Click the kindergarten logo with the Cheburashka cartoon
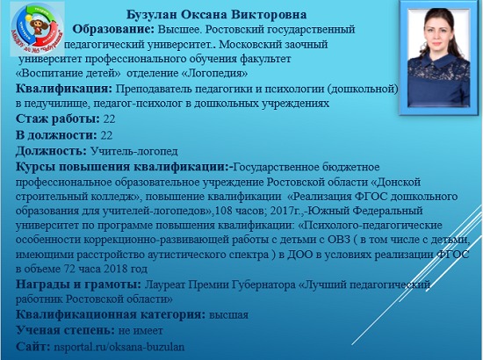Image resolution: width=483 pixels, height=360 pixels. pyautogui.click(x=37, y=28)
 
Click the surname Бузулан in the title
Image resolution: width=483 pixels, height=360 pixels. pyautogui.click(x=151, y=14)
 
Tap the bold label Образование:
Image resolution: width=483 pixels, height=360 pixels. pyautogui.click(x=113, y=29)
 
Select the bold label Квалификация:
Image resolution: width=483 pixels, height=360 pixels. pyautogui.click(x=64, y=89)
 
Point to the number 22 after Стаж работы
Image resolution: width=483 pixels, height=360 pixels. pyautogui.click(x=110, y=119)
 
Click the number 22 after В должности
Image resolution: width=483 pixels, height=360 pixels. pyautogui.click(x=106, y=135)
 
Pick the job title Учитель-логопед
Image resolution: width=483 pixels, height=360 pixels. pyautogui.click(x=134, y=151)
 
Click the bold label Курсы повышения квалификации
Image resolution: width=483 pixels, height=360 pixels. pyautogui.click(x=122, y=167)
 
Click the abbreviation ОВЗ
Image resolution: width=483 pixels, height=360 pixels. pyautogui.click(x=338, y=240)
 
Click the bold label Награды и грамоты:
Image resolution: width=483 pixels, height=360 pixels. pyautogui.click(x=78, y=284)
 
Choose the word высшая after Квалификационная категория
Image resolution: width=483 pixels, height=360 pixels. pyautogui.click(x=228, y=315)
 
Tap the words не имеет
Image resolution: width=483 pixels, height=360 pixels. pyautogui.click(x=141, y=331)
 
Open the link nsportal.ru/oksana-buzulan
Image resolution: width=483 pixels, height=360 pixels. pyautogui.click(x=119, y=347)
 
